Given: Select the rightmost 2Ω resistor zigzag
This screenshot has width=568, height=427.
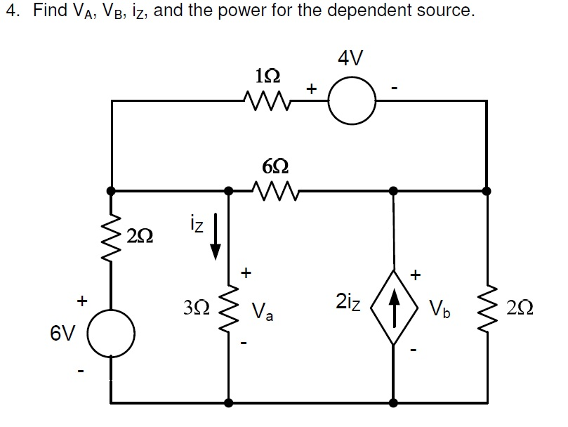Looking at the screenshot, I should (x=487, y=307).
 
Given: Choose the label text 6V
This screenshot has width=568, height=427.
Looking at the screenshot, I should (x=62, y=332).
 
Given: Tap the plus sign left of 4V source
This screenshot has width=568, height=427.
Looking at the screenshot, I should (x=312, y=88).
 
